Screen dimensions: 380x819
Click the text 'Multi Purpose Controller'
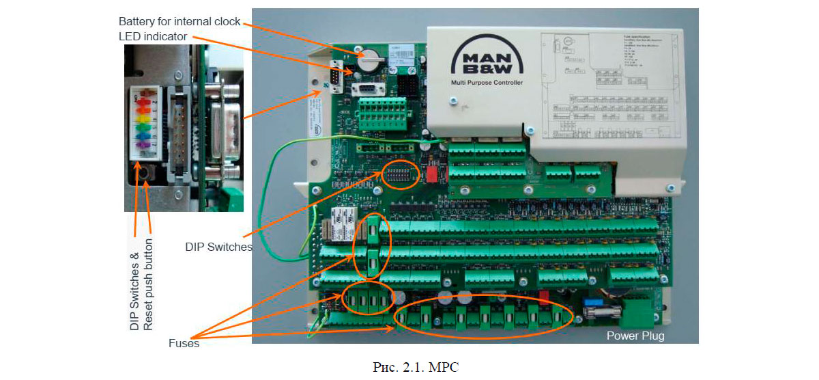(486, 83)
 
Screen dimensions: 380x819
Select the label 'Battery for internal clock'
(179, 21)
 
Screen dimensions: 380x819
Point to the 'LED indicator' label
(153, 36)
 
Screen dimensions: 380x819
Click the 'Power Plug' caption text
(635, 336)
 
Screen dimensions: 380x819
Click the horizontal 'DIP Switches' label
(218, 247)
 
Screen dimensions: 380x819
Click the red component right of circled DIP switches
(431, 174)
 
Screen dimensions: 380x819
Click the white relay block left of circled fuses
(341, 221)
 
